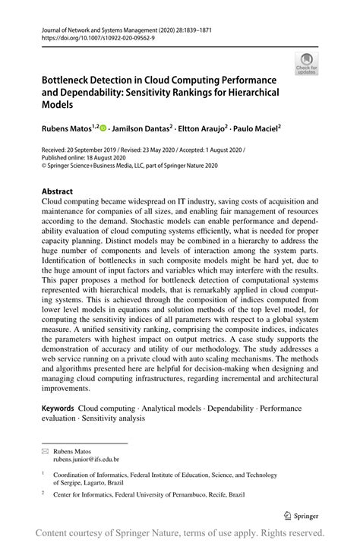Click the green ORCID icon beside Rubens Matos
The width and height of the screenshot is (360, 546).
point(103,130)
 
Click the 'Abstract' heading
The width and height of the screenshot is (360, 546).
point(58,192)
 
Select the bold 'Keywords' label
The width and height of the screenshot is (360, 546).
point(60,408)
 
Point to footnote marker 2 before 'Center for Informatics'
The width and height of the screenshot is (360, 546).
point(43,492)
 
